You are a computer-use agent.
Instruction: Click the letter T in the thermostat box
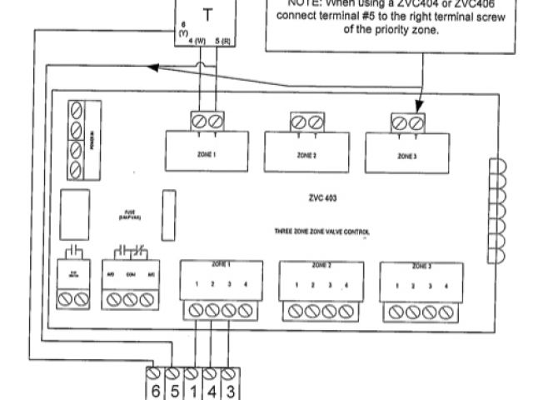pos(206,14)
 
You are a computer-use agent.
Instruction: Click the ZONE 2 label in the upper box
pos(306,156)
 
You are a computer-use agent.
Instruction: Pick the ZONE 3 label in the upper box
pos(406,156)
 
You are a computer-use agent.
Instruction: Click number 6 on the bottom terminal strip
pos(156,388)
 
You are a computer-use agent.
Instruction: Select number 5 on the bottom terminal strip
pos(173,388)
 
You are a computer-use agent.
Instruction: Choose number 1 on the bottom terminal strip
pos(192,388)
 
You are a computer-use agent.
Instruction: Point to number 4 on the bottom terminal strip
pos(210,388)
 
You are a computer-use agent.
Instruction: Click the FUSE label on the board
pos(128,212)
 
